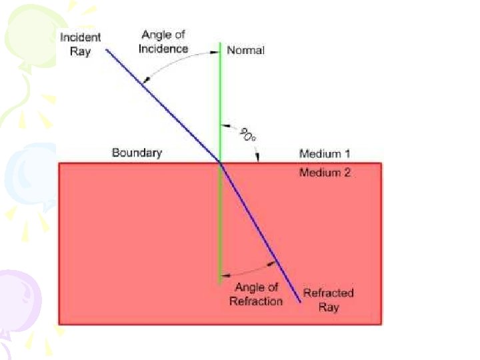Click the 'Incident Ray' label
(x=80, y=44)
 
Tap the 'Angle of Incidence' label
(x=164, y=42)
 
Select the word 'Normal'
(x=245, y=51)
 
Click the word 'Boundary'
(x=137, y=153)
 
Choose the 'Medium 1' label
(x=325, y=154)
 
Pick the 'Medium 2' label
(x=325, y=173)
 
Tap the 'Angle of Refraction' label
(x=256, y=294)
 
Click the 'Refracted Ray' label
(x=328, y=299)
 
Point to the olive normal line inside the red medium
(x=219, y=227)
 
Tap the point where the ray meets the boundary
(x=220, y=162)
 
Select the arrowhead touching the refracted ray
(x=273, y=263)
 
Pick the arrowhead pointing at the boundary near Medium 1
(x=258, y=157)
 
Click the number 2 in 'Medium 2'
(x=347, y=173)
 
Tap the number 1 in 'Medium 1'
(x=347, y=154)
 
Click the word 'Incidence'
(x=164, y=49)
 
